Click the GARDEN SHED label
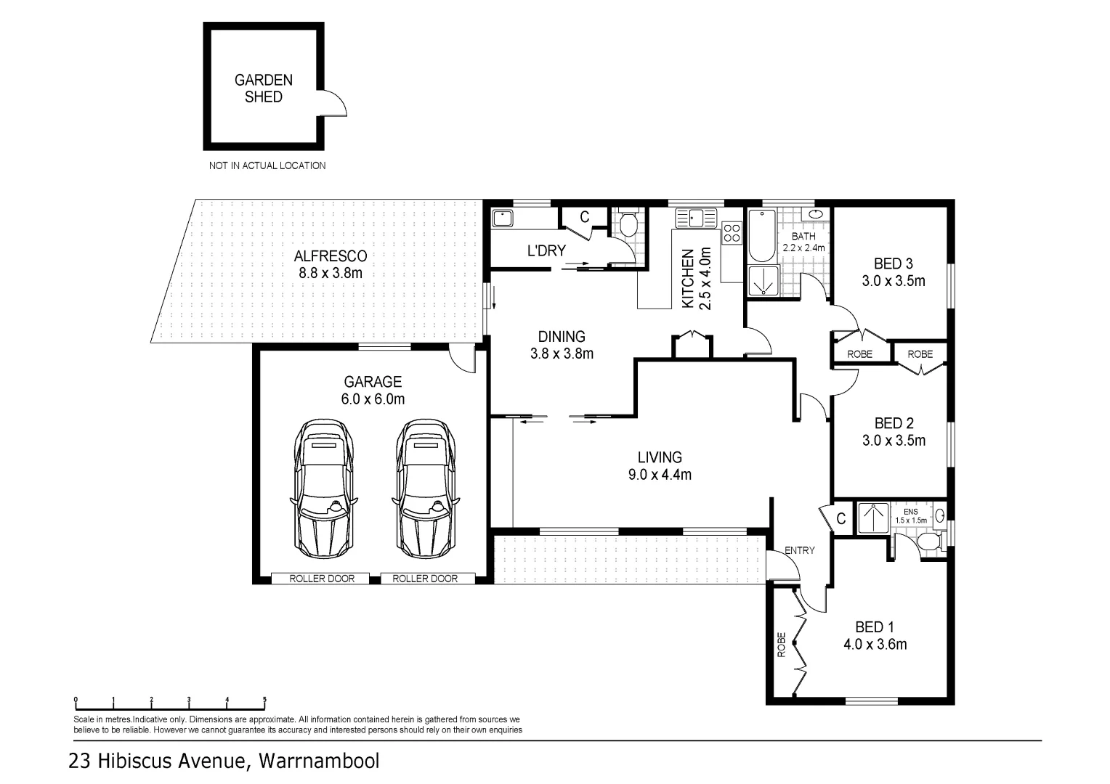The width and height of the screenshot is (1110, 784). pyautogui.click(x=263, y=89)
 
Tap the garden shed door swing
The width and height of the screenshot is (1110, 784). pyautogui.click(x=334, y=104)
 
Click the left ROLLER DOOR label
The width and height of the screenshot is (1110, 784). pyautogui.click(x=322, y=579)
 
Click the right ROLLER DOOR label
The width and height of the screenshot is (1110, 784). pyautogui.click(x=425, y=579)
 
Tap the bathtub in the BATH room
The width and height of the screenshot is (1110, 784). pyautogui.click(x=761, y=235)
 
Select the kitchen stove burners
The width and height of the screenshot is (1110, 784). pyautogui.click(x=732, y=233)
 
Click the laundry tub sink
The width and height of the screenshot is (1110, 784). pyautogui.click(x=503, y=217)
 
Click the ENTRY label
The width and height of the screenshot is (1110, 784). pyautogui.click(x=800, y=550)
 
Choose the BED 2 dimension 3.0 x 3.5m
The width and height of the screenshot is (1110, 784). pyautogui.click(x=894, y=441)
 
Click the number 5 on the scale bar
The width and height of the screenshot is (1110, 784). pyautogui.click(x=264, y=700)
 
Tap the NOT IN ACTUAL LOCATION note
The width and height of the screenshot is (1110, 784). pyautogui.click(x=267, y=166)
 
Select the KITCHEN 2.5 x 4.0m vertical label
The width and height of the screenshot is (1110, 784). pyautogui.click(x=695, y=279)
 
